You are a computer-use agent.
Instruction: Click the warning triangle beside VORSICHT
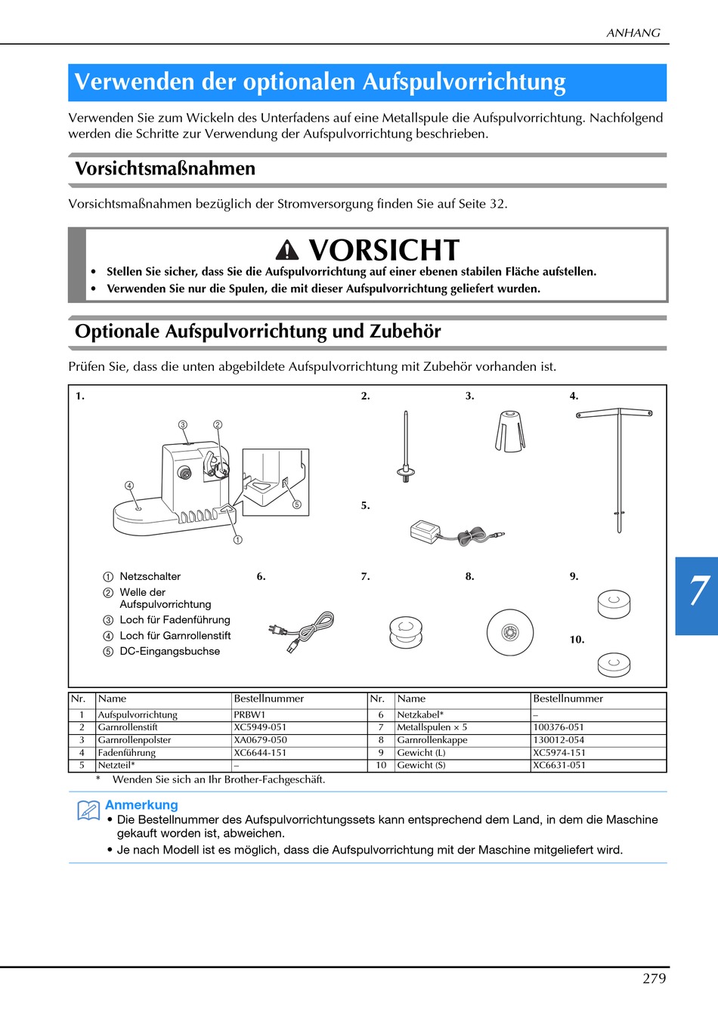click(x=287, y=250)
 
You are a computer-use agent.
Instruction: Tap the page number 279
click(x=654, y=978)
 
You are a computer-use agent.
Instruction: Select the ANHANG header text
click(x=633, y=32)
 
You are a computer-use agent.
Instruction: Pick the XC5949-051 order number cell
click(x=260, y=727)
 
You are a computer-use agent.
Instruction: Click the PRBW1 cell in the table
click(x=249, y=714)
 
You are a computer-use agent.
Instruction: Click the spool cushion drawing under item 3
click(x=510, y=430)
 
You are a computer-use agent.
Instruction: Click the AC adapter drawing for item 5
click(x=456, y=534)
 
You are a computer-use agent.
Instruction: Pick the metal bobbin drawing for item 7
click(x=406, y=631)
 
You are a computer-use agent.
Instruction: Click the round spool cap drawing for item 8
click(x=510, y=632)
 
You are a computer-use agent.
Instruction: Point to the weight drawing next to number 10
click(x=614, y=664)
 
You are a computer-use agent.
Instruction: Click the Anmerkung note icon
click(x=88, y=810)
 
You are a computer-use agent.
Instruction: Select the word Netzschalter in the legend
click(x=150, y=576)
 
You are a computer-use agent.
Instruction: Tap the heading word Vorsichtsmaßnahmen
click(x=165, y=168)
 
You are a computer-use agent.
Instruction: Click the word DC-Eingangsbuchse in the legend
click(x=169, y=651)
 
